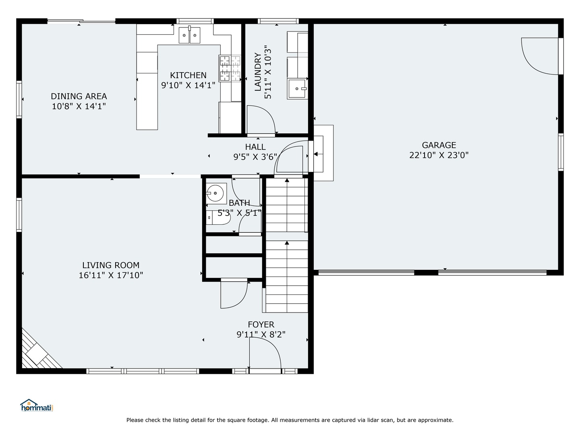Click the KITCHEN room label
(188, 75)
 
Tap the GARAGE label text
(439, 145)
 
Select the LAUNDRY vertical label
(258, 72)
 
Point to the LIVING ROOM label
(111, 265)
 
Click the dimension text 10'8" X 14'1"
(79, 106)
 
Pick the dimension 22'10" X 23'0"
(439, 155)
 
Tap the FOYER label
(261, 324)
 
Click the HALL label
(255, 147)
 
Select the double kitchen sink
(189, 35)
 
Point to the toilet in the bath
(218, 217)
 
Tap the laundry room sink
(297, 89)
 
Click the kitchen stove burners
(230, 68)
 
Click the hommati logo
(37, 406)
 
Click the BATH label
(239, 203)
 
